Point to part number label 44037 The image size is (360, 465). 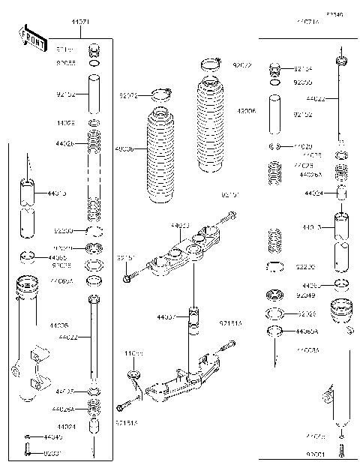[167, 317]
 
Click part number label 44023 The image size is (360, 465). [181, 224]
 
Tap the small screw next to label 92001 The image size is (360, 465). [342, 449]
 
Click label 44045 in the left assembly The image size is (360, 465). [53, 436]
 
